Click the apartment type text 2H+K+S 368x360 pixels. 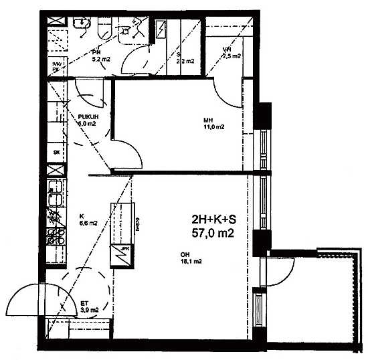click(209, 219)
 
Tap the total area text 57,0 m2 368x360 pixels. click(211, 234)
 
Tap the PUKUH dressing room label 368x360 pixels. click(88, 120)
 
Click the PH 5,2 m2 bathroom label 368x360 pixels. click(96, 58)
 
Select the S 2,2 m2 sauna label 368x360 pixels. click(185, 60)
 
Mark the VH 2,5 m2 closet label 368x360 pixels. click(228, 54)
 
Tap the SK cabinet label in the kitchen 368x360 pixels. click(56, 153)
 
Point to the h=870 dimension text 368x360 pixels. click(136, 226)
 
